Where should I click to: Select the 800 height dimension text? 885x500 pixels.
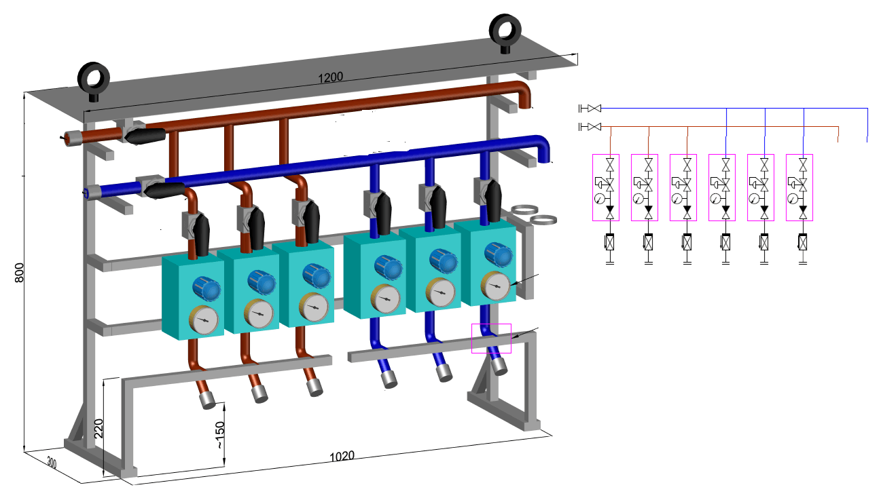[x=19, y=272]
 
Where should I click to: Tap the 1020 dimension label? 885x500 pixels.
[x=342, y=456]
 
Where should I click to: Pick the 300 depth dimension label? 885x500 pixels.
[x=52, y=463]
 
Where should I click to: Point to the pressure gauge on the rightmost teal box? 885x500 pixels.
[x=497, y=286]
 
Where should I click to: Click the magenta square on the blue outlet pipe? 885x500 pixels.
[x=491, y=338]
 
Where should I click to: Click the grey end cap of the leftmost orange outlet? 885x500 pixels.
[x=206, y=400]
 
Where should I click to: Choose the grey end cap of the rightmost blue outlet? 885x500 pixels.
[x=500, y=366]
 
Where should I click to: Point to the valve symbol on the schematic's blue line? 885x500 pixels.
[x=594, y=108]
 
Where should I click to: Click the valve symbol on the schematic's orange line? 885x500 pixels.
[x=594, y=127]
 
